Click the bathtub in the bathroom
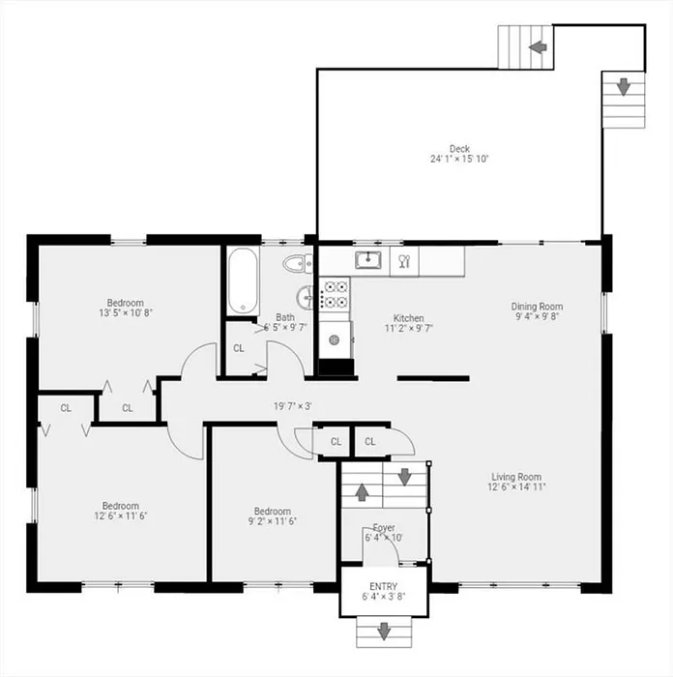click(243, 281)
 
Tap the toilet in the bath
click(298, 263)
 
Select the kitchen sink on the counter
click(367, 260)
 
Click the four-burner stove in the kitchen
click(335, 294)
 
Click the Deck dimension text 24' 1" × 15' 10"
click(459, 159)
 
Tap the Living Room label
click(516, 477)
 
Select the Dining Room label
click(537, 307)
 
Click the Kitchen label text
click(408, 318)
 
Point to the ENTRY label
click(383, 586)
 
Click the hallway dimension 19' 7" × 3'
click(293, 406)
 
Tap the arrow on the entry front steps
click(384, 632)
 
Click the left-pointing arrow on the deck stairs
click(538, 46)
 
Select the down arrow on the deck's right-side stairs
click(624, 87)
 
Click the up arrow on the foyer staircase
click(362, 492)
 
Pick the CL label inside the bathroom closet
click(239, 348)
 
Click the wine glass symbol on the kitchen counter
click(404, 261)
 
